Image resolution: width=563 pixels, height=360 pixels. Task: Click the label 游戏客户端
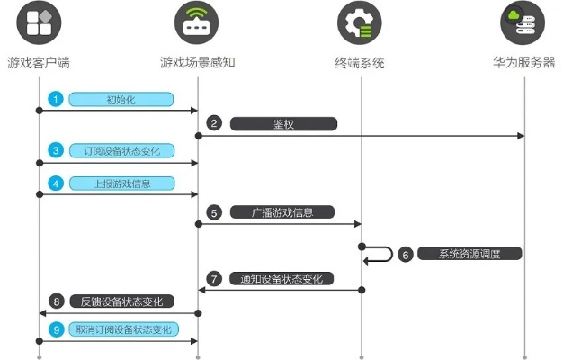[39, 63]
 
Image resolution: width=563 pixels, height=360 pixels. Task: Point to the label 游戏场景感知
[198, 63]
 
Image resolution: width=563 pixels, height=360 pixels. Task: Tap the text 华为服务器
[523, 63]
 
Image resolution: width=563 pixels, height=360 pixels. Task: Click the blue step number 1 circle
[56, 99]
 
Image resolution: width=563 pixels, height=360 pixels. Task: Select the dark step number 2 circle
[214, 123]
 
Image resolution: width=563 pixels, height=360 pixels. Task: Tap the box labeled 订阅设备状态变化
[121, 150]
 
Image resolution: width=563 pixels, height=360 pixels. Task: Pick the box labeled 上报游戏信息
[121, 182]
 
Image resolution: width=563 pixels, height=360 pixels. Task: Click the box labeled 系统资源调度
[469, 255]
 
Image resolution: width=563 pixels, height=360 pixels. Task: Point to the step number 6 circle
[406, 255]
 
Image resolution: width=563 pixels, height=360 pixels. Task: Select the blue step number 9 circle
[56, 330]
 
